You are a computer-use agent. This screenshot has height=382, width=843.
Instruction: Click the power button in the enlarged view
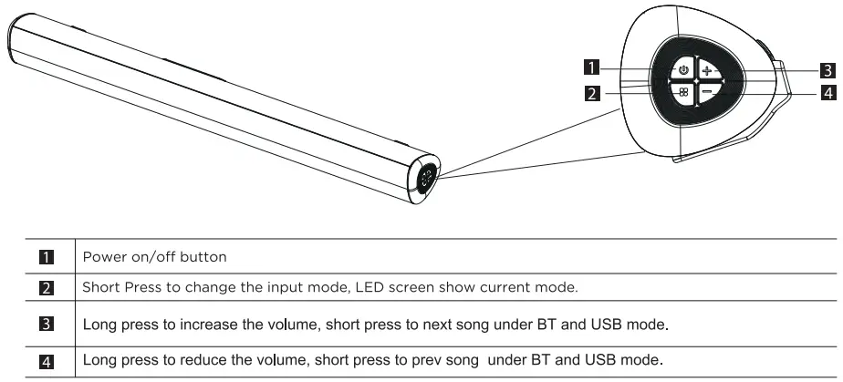coord(682,69)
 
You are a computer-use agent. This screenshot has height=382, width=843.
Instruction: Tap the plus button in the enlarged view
coord(708,69)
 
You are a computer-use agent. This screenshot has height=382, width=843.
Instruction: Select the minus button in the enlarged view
coord(708,92)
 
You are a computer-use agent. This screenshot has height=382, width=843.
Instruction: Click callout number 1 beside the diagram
coord(592,67)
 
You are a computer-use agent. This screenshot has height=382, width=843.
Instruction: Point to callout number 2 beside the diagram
coord(592,94)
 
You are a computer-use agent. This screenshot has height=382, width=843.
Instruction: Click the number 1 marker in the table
coord(47,257)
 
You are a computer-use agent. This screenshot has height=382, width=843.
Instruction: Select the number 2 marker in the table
coord(47,288)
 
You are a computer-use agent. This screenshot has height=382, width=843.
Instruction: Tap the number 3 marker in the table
coord(47,325)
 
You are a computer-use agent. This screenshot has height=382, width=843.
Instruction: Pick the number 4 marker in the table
coord(47,362)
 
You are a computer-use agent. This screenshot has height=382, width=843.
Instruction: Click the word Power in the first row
coord(99,257)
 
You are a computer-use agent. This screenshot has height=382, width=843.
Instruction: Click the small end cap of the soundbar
coord(423,179)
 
